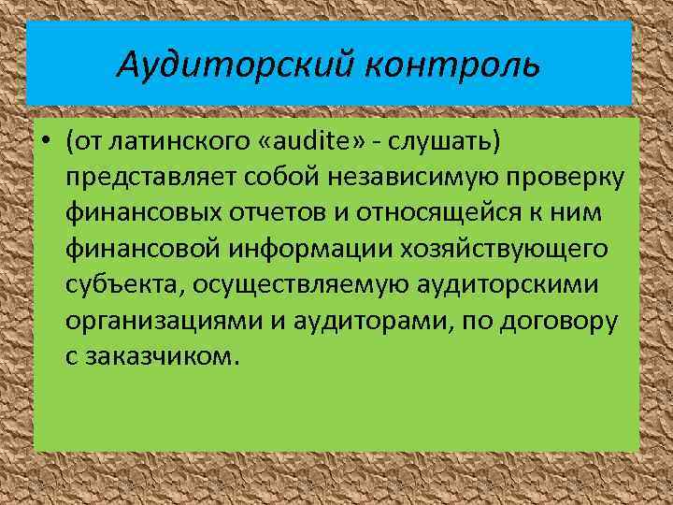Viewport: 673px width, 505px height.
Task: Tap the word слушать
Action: click(x=448, y=141)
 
